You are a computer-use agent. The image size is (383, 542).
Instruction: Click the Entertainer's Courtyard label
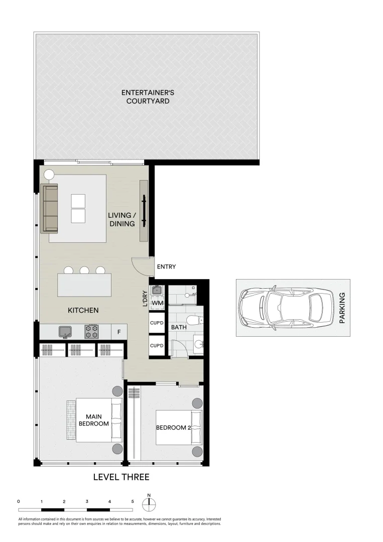tap(146, 97)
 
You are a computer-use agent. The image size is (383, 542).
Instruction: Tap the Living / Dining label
tap(121, 219)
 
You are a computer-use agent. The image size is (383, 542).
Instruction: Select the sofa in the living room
tap(50, 208)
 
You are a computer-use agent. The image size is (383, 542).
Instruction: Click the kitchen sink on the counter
tap(65, 331)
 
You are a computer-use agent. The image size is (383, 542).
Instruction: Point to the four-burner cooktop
tap(91, 331)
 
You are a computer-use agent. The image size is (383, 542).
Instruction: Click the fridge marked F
tap(119, 332)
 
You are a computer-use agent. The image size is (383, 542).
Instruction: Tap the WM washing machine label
tap(157, 303)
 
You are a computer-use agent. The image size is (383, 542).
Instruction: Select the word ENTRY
tap(166, 267)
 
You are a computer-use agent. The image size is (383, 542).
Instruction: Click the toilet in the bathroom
tap(194, 320)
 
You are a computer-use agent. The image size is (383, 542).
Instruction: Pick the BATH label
tap(179, 327)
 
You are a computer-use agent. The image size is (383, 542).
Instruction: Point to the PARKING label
tap(343, 308)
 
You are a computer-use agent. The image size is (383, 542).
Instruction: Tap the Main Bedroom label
tap(93, 420)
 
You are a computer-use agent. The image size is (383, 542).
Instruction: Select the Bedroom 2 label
tap(173, 428)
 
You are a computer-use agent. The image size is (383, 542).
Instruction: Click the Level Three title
tap(121, 477)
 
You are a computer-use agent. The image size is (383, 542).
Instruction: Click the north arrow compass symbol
tap(149, 503)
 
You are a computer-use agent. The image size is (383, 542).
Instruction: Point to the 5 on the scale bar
tap(133, 501)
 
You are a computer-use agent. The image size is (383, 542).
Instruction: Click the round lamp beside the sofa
tap(49, 175)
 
